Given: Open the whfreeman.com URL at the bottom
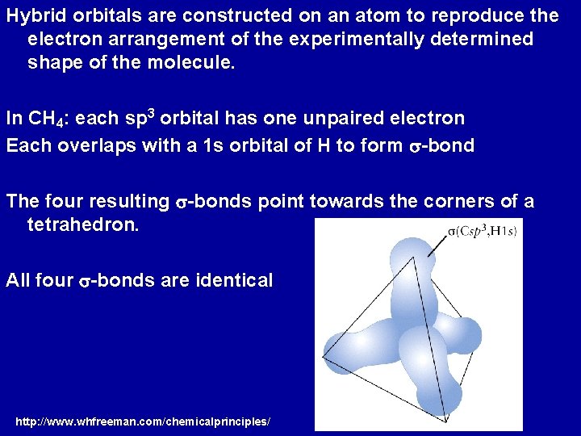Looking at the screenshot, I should [143, 421].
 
